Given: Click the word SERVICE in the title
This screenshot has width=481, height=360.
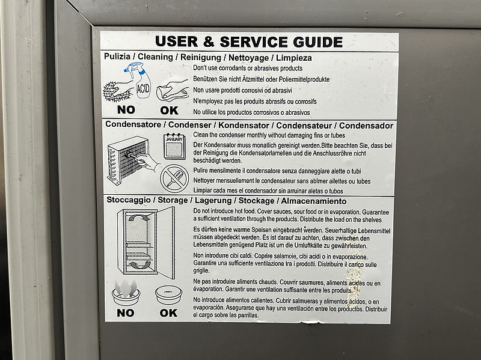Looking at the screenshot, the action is [x=254, y=42].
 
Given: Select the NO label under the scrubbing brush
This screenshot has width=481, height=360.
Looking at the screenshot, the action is [x=126, y=110].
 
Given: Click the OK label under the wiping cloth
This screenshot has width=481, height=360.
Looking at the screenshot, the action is [x=169, y=111].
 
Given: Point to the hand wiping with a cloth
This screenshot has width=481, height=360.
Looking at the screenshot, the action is [x=172, y=91].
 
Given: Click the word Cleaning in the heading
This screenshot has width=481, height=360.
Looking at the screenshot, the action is [x=155, y=56].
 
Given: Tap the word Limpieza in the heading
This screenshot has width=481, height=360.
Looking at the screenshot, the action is [x=294, y=58].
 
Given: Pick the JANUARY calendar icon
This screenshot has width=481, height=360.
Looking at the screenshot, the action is [x=174, y=146].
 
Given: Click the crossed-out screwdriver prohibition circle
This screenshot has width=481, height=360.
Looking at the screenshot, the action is [x=174, y=178].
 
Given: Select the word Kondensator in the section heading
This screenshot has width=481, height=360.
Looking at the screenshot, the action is [x=244, y=125].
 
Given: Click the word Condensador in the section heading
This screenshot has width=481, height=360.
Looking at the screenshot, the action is [x=366, y=126].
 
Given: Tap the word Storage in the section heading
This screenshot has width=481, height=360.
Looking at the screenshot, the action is [x=173, y=200].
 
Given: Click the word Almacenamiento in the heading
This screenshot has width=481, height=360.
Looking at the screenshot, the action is [x=314, y=201].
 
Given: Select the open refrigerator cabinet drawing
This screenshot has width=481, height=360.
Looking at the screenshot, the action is [x=146, y=242].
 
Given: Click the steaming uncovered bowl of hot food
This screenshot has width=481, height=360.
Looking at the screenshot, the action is [x=126, y=293].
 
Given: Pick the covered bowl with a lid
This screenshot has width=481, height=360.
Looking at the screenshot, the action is [x=168, y=294].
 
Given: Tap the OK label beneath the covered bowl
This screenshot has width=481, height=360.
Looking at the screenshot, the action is [x=168, y=313].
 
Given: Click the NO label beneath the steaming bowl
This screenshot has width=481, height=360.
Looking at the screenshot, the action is [x=126, y=313].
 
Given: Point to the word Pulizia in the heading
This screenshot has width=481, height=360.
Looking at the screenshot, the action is [x=117, y=56].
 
